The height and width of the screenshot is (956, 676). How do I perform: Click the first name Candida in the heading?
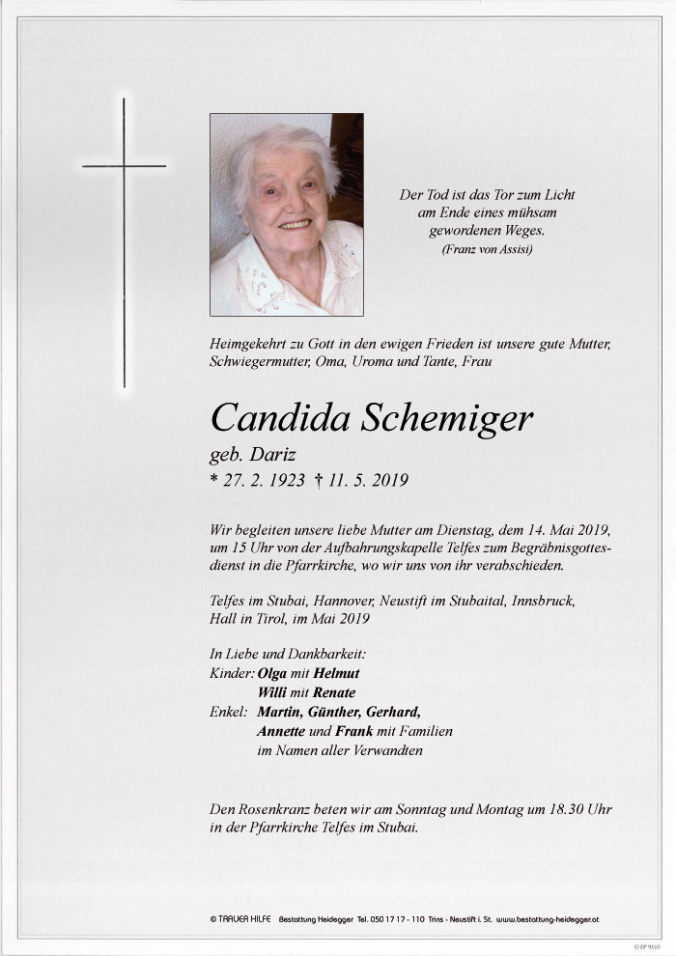280,418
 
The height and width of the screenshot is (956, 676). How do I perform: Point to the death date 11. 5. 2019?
369,480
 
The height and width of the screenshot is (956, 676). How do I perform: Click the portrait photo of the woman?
287,214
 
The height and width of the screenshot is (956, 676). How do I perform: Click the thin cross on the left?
124,241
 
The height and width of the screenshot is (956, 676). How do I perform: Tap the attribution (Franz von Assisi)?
487,250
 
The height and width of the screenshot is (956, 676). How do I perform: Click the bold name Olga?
271,673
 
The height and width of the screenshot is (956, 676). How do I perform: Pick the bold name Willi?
272,692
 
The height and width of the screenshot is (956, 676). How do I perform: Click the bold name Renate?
333,692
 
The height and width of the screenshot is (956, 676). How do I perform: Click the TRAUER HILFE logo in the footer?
240,920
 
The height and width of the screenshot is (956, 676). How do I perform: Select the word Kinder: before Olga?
231,673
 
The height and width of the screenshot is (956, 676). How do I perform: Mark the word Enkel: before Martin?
228,712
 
